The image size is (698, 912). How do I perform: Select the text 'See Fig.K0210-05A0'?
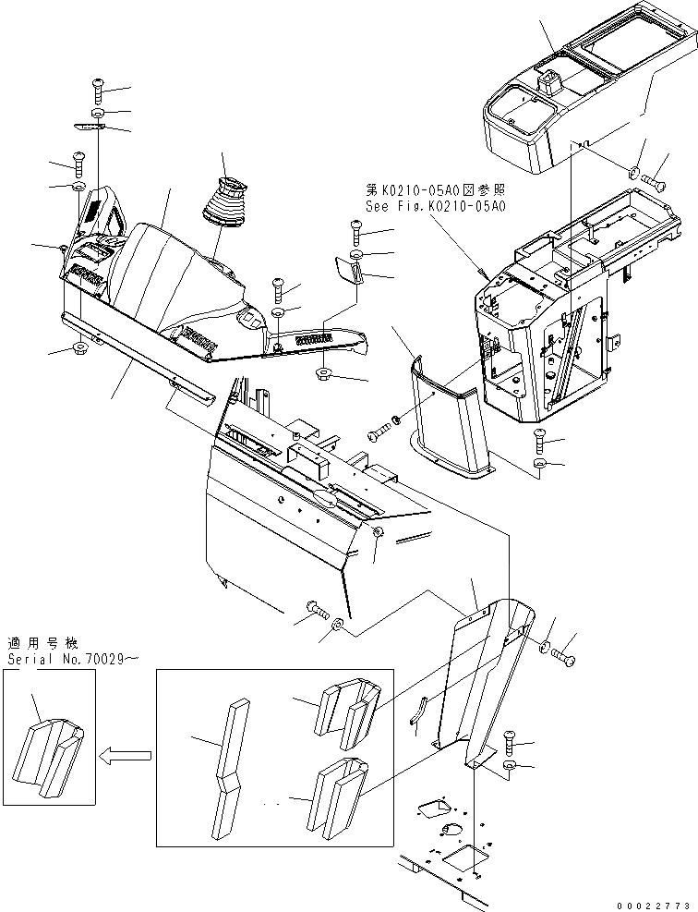[x=436, y=207]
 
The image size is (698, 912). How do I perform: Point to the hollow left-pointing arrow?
[x=126, y=756]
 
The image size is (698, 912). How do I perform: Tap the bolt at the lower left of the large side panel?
[x=317, y=608]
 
